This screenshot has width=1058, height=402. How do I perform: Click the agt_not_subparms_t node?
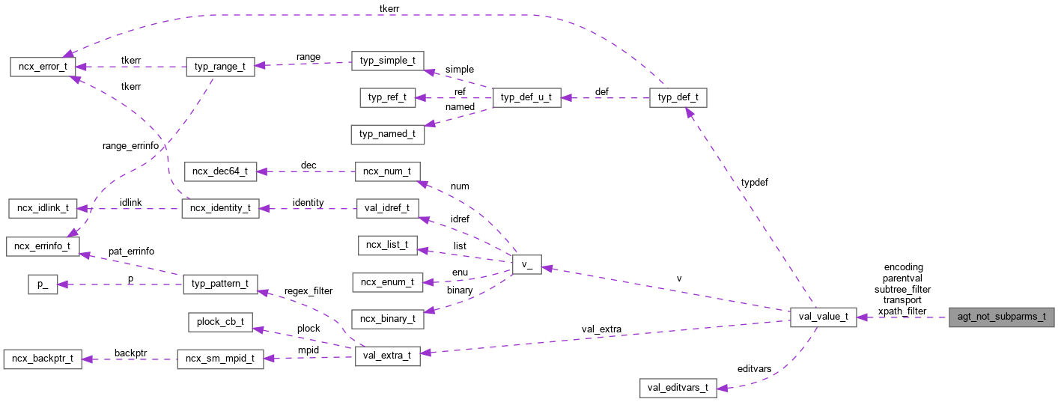(1001, 317)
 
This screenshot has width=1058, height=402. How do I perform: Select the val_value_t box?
(823, 317)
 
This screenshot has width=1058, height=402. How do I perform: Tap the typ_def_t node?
(678, 97)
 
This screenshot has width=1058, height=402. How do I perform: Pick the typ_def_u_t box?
(526, 97)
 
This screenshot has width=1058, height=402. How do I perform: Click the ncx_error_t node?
(42, 66)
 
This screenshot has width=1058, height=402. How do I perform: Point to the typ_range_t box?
(220, 66)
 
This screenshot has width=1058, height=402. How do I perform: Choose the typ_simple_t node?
(387, 61)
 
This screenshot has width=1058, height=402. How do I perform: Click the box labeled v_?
(526, 264)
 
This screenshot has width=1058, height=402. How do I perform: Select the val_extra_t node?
(387, 356)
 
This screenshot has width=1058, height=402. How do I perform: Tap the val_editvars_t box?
(678, 388)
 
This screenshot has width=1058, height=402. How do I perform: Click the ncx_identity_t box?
(220, 208)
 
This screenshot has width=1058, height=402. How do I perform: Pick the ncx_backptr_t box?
(41, 359)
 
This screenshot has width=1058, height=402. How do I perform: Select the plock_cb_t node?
(220, 322)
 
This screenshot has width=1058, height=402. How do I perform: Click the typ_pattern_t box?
(220, 284)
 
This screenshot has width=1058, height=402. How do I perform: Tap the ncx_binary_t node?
(387, 318)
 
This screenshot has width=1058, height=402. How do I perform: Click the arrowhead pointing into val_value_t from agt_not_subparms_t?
(862, 317)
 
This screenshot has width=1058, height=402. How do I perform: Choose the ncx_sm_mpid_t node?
(220, 359)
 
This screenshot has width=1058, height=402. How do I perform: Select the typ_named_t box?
(387, 134)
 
